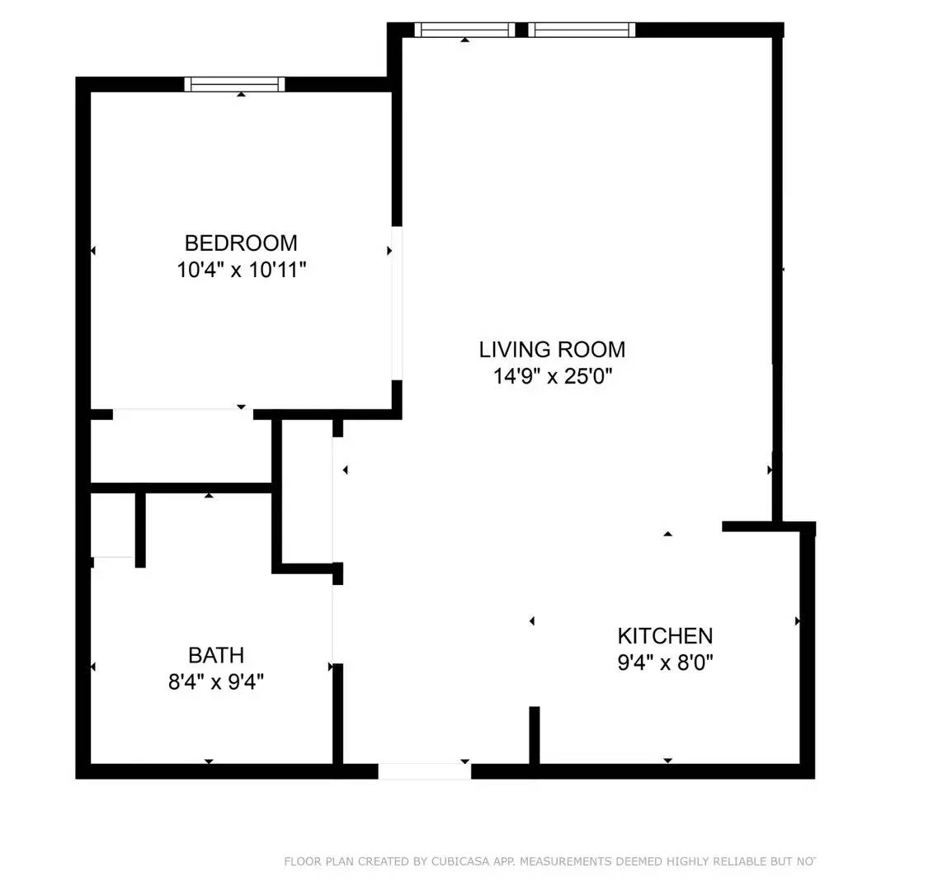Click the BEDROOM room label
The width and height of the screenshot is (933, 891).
(241, 243)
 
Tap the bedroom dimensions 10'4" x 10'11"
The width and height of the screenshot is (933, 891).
(241, 270)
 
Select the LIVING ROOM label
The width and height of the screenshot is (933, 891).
(552, 350)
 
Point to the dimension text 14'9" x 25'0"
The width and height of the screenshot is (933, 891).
(552, 377)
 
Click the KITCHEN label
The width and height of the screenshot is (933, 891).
(665, 636)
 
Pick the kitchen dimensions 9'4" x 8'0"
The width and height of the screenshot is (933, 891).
(665, 662)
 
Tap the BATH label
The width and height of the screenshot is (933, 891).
(216, 655)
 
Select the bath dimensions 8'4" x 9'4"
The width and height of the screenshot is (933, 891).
(216, 682)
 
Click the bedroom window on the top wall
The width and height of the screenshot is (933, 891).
(235, 84)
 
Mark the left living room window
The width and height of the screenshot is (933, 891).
(464, 30)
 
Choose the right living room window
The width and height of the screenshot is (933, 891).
(582, 30)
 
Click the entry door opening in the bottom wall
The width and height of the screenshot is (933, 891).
(425, 771)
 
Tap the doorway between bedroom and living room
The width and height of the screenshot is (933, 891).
(397, 303)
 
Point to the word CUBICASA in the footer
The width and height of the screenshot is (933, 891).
(458, 862)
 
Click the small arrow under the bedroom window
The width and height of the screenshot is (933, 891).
(241, 95)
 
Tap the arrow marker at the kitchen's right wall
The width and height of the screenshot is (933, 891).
(797, 620)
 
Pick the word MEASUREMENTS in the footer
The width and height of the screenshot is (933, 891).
(568, 862)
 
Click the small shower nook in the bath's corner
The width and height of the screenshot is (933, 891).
(113, 526)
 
